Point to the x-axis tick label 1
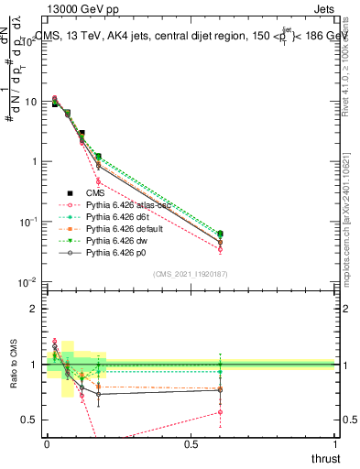point(337,444)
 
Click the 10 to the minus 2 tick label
point(27,282)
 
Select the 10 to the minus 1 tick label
point(27,222)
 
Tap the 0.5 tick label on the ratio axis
point(27,420)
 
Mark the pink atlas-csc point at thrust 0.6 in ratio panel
point(220,412)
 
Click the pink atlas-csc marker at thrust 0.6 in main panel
point(220,249)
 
